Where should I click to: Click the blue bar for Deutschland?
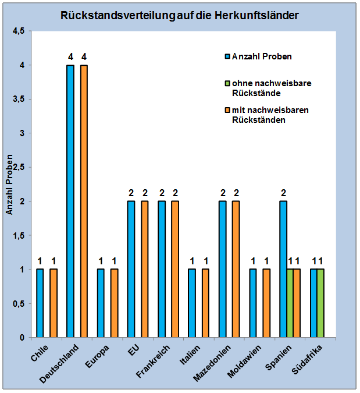pos(70,201)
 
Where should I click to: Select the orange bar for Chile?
pos(54,303)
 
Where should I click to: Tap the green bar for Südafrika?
pos(320,303)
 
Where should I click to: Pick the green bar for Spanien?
pos(290,303)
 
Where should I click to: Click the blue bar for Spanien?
pos(283,269)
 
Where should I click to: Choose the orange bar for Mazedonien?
pos(236,269)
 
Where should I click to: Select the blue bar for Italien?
pos(192,303)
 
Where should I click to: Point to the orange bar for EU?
pos(145,269)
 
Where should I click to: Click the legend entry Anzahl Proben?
pos(261,56)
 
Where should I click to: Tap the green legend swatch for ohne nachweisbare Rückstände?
pos(227,84)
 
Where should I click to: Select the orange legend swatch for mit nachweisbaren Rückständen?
pos(227,109)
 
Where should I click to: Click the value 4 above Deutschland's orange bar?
pos(84,57)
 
